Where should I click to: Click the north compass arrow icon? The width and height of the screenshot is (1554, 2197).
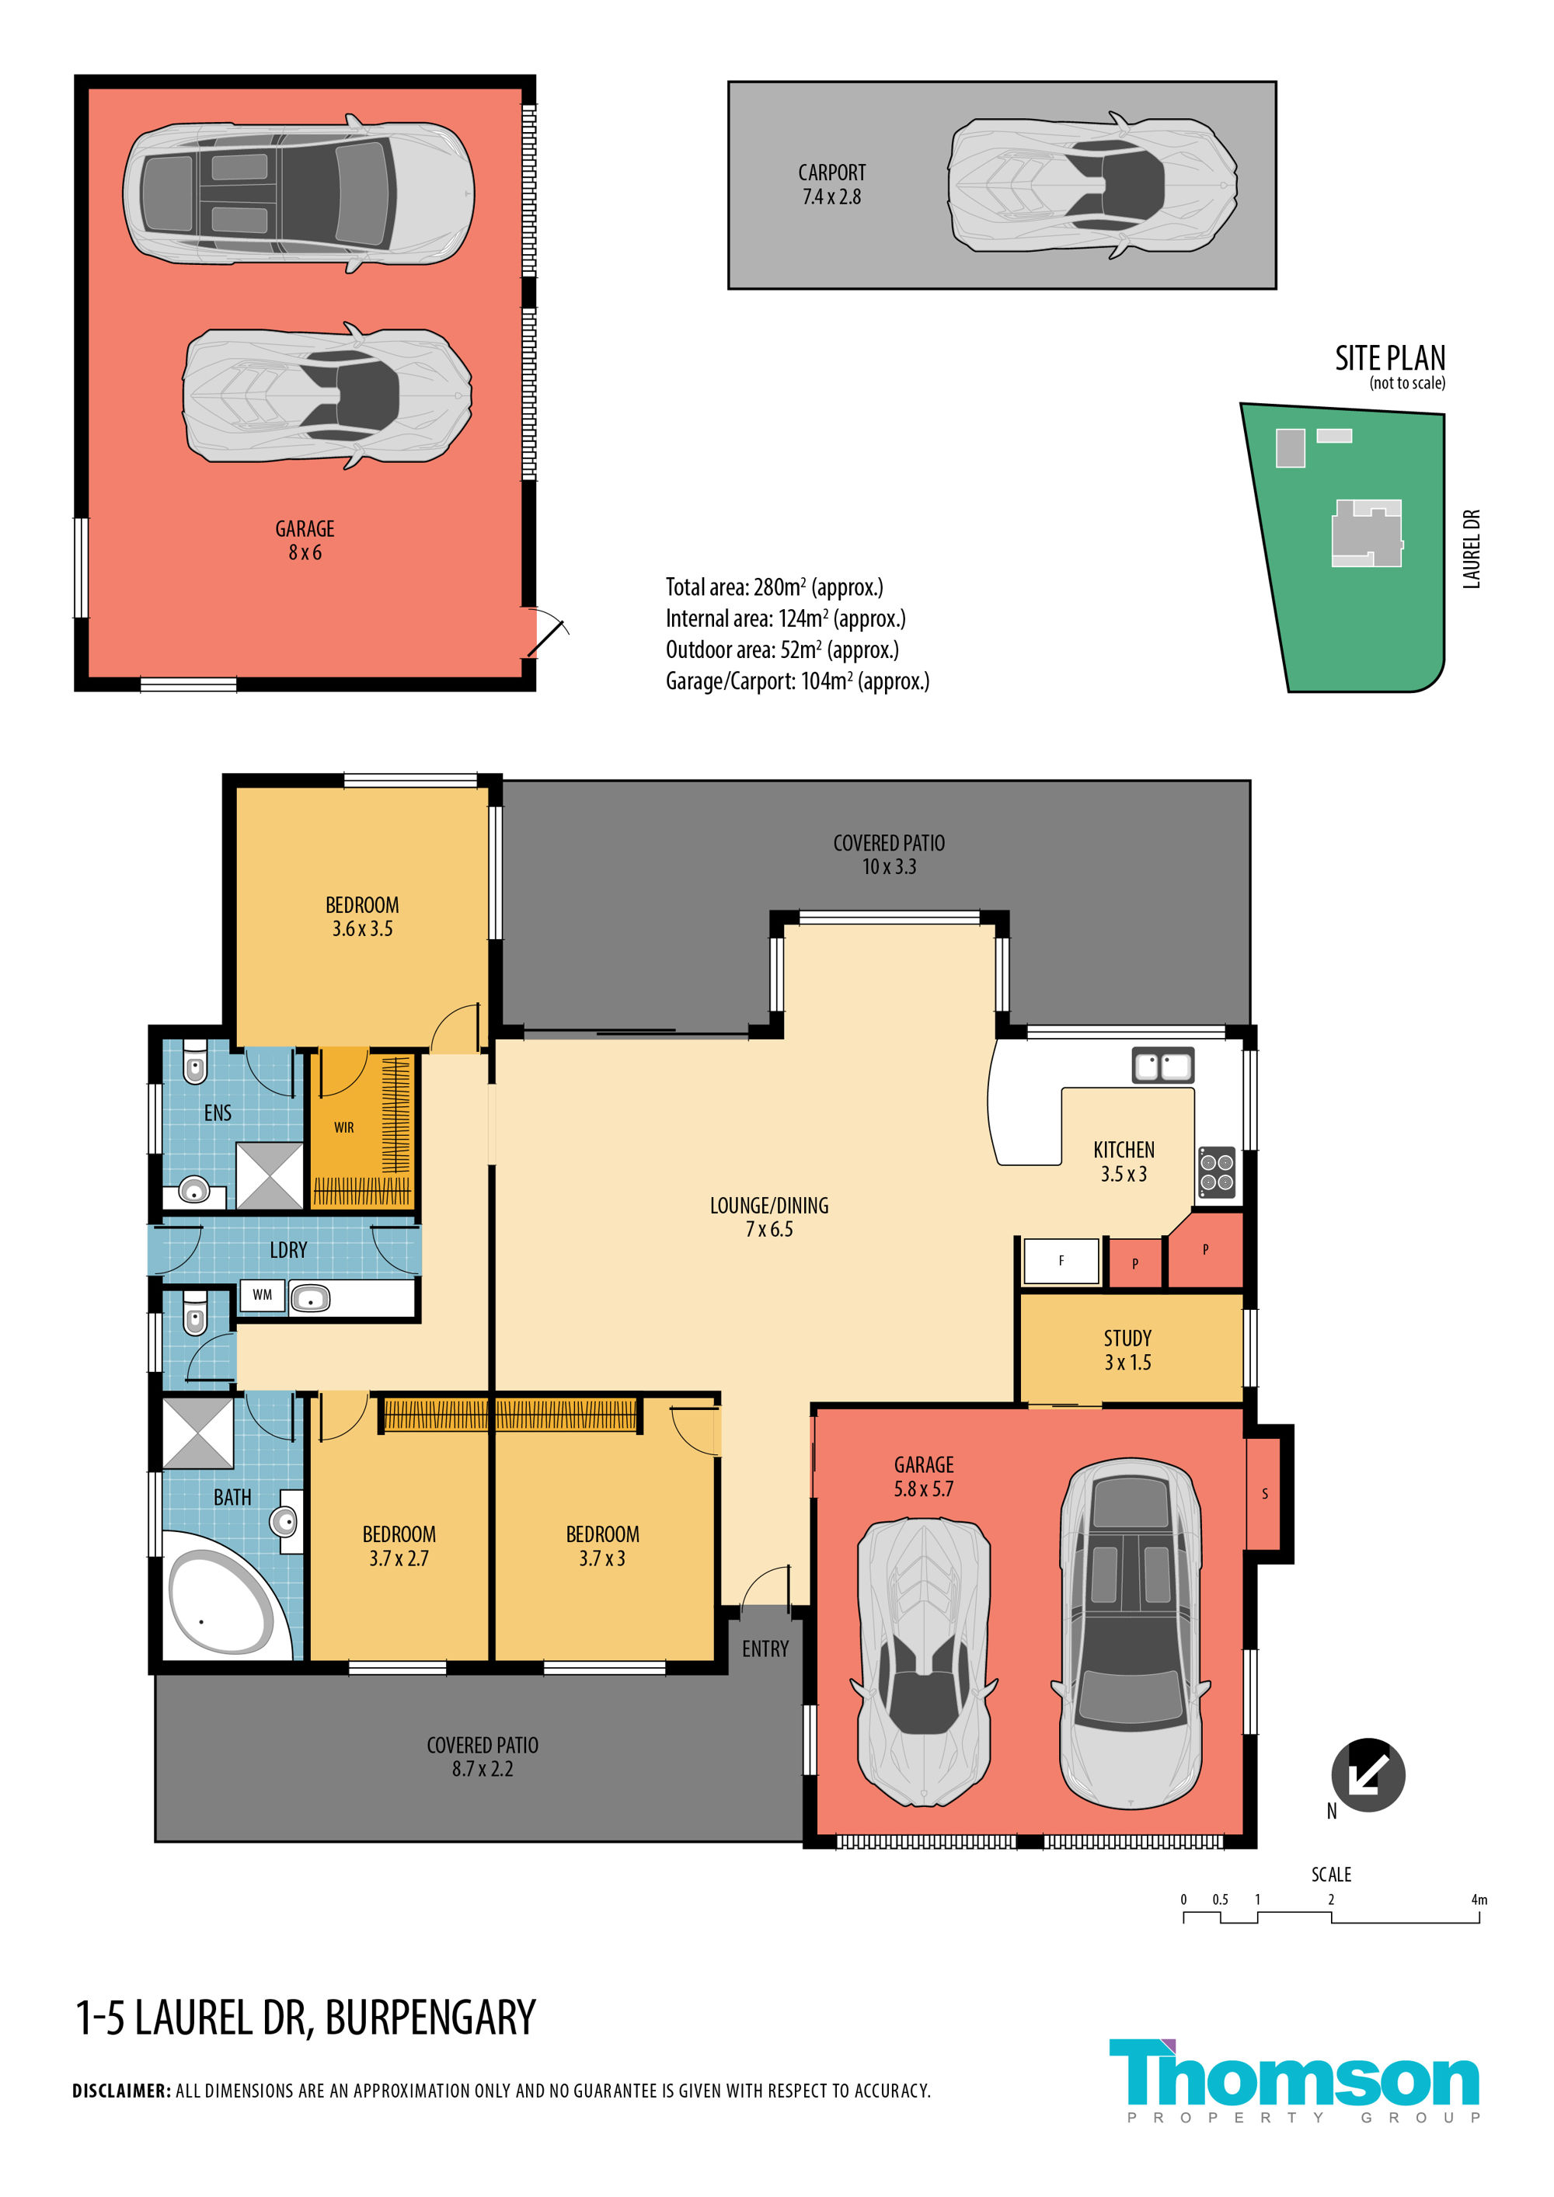[x=1368, y=1775]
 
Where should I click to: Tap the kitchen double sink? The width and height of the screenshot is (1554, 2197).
[x=1162, y=1065]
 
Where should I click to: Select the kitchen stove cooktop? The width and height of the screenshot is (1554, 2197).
[x=1218, y=1173]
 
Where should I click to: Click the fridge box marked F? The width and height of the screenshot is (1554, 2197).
[x=1061, y=1261]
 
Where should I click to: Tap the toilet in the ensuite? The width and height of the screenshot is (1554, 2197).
[x=194, y=1061]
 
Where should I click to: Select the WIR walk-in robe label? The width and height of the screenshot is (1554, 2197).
[x=343, y=1127]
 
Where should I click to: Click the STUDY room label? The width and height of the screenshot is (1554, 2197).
[x=1127, y=1338]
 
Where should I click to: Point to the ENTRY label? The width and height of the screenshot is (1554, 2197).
[x=765, y=1649]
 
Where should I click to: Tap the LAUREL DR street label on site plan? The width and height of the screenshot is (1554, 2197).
[x=1472, y=548]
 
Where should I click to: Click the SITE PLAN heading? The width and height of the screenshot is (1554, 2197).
[x=1390, y=358]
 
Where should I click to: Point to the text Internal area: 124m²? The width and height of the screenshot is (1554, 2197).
[x=786, y=618]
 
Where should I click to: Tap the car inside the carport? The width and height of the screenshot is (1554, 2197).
[x=1092, y=185]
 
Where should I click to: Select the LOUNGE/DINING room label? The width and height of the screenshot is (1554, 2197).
[x=769, y=1206]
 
